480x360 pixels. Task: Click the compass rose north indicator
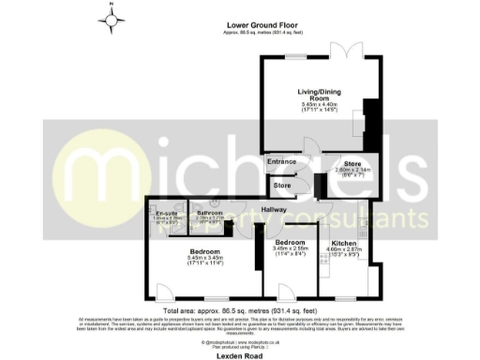(x=112, y=18)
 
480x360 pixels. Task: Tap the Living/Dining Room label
(x=310, y=95)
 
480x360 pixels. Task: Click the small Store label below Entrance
(x=282, y=185)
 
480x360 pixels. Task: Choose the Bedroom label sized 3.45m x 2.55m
(x=290, y=242)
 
